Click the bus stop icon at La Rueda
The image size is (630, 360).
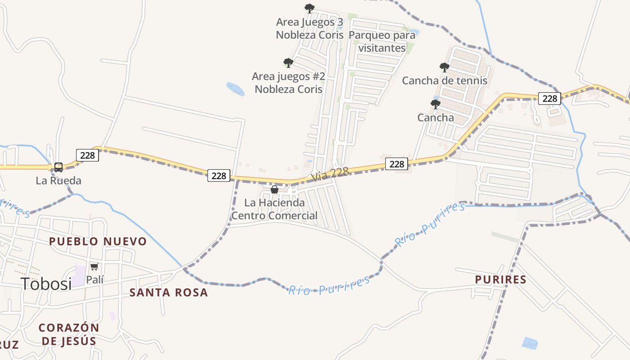[x=58, y=167]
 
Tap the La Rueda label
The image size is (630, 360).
[x=58, y=181]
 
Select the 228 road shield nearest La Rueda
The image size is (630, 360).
[x=87, y=155]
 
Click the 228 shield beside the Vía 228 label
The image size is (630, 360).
[x=396, y=164]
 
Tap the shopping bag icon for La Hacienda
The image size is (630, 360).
[x=274, y=189]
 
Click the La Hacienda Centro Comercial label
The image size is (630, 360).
[x=274, y=209]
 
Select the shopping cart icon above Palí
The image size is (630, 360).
[x=94, y=266]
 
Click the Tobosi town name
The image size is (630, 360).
[x=46, y=283]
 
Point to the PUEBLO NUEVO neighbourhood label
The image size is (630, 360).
[x=98, y=241]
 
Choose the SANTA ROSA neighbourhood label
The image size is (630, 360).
[x=169, y=292]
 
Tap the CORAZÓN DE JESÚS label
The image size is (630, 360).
[x=69, y=334]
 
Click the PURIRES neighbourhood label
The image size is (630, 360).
[x=501, y=279]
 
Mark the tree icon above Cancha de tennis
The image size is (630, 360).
[x=444, y=67]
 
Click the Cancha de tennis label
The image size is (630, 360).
[x=445, y=81]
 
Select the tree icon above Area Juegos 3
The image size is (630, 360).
[x=309, y=8]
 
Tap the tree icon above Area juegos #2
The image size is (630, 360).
[x=288, y=63]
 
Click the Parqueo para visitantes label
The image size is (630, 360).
[x=382, y=41]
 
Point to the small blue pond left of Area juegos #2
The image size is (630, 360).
[x=235, y=89]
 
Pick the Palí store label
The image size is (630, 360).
[x=95, y=279]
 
